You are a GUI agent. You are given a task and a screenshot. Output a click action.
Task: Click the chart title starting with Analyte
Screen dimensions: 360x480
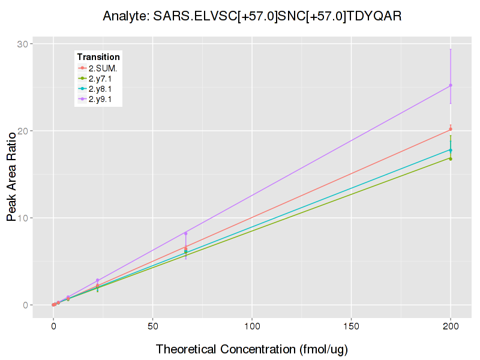tap(252, 16)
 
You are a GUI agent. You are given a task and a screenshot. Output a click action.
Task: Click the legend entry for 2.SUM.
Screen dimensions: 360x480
tap(103, 68)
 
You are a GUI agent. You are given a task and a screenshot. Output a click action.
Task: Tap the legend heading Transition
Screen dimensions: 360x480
tap(98, 57)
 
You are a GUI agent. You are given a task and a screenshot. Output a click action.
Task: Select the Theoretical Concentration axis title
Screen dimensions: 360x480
tap(252, 349)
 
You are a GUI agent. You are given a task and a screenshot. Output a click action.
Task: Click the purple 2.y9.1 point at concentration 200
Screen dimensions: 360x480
tap(451, 85)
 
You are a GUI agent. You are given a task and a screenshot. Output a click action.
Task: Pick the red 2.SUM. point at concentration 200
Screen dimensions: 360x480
tap(451, 129)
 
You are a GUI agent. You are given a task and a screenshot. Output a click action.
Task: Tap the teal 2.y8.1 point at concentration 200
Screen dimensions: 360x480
tap(451, 150)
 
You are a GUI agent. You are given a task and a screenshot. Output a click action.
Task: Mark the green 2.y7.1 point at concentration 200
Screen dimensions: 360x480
tap(451, 158)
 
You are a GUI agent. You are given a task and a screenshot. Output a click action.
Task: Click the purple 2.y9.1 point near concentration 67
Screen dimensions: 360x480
tap(186, 233)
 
